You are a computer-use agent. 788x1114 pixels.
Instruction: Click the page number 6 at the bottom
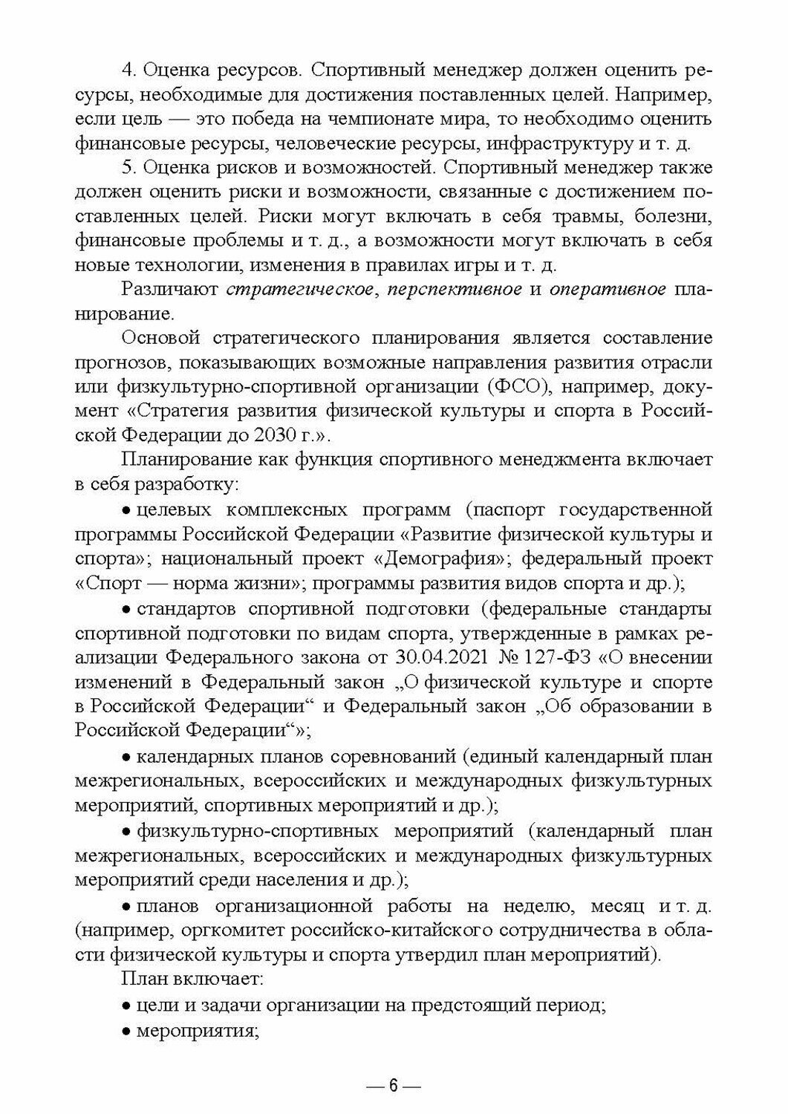pyautogui.click(x=394, y=1086)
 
